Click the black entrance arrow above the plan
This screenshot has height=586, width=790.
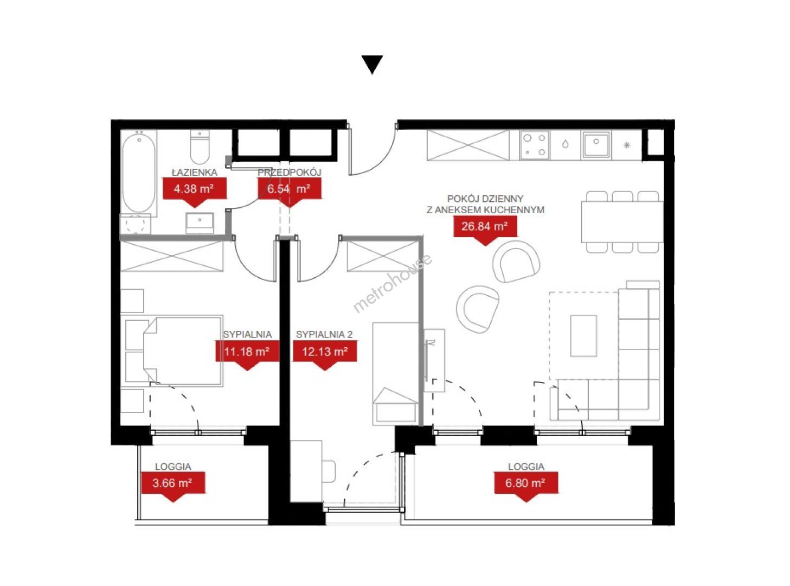372,64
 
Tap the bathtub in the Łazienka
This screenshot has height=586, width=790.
138,173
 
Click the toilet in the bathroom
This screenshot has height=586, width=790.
200,147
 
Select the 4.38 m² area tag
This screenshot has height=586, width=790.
195,192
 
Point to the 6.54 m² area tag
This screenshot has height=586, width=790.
289,192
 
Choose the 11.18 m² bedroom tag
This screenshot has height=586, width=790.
247,355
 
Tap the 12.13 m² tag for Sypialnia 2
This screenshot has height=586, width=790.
325,355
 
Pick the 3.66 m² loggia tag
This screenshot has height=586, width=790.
173,487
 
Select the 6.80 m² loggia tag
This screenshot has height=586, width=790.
526,487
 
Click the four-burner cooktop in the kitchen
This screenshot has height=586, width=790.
534,145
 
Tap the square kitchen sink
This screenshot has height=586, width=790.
596,145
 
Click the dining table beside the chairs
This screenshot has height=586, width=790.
622,222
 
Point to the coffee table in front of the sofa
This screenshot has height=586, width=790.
583,335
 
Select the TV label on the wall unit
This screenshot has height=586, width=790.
432,343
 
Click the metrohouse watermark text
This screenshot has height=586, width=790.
393,283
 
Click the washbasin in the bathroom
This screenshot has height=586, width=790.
200,222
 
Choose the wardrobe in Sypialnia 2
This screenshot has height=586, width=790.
383,256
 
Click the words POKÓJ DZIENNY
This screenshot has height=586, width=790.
485,199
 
